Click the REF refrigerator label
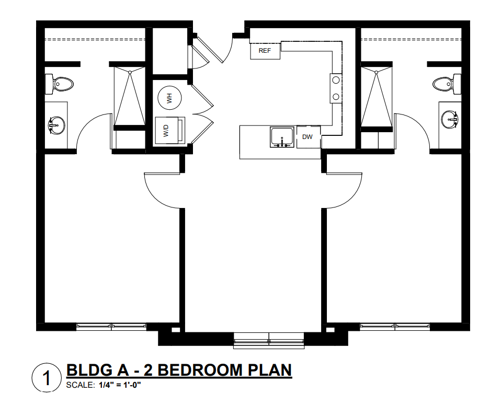265,51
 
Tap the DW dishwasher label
308,137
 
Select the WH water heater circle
169,98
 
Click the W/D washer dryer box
170,131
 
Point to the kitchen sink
282,137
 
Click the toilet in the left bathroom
59,84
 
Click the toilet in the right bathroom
447,84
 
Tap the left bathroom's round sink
57,124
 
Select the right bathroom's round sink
450,120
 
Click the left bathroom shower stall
130,96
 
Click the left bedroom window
111,327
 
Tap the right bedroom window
395,327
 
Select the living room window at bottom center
269,340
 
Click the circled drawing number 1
47,378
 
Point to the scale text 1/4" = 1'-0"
120,385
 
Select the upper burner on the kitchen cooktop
336,80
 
